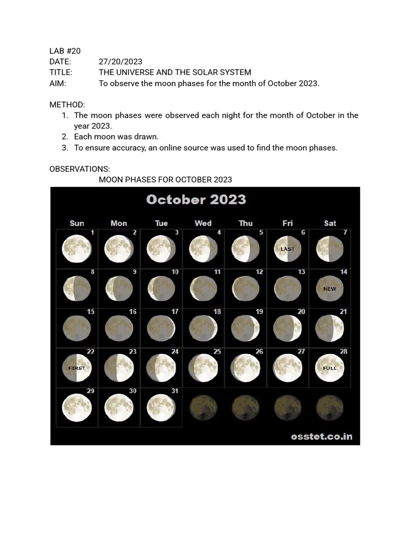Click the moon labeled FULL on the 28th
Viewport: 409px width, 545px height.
[x=330, y=368]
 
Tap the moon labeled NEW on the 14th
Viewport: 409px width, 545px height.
[x=330, y=289]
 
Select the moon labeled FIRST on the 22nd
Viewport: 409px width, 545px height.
[x=77, y=368]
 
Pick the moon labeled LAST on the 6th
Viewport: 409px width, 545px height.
[x=288, y=249]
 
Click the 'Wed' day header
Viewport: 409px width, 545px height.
[x=203, y=224]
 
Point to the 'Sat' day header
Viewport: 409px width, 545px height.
[x=330, y=224]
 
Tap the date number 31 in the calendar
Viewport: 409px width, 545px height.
[x=175, y=391]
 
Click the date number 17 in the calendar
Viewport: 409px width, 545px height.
[x=175, y=312]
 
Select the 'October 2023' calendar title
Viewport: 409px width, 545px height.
[x=196, y=200]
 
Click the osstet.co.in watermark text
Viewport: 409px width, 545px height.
[x=322, y=437]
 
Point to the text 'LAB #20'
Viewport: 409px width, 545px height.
[x=65, y=51]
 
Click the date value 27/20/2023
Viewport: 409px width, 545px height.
[x=120, y=62]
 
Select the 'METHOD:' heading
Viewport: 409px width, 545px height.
[x=67, y=105]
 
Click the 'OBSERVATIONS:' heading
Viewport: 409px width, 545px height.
[x=80, y=169]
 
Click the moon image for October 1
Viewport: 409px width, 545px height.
[x=77, y=249]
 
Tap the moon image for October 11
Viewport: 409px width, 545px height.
[x=203, y=289]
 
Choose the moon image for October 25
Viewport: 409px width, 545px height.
[x=203, y=368]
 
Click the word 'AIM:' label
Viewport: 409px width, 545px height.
[x=58, y=84]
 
